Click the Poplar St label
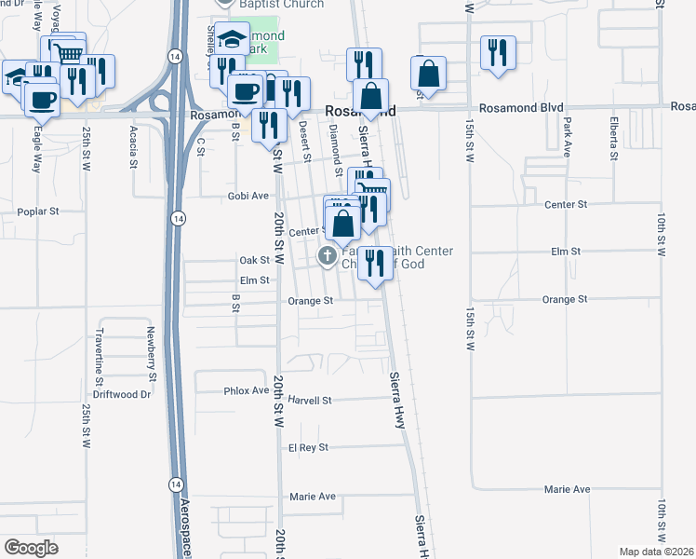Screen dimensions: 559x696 pos(37,211)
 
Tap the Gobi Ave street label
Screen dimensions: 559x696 pos(248,197)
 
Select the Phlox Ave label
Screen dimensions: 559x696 pos(247,391)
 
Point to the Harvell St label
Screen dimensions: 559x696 pos(310,401)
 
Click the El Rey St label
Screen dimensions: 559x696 pos(309,448)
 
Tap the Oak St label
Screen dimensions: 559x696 pos(254,261)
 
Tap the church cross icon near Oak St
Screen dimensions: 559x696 pos(328,255)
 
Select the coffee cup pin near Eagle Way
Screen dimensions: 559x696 pos(43,98)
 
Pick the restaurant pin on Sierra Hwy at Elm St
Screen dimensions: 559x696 pos(375,263)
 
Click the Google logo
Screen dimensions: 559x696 pos(31,548)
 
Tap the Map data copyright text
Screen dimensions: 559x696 pos(656,552)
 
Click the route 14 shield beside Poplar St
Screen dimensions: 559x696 pos(176,217)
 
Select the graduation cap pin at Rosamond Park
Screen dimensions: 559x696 pos(233,38)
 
